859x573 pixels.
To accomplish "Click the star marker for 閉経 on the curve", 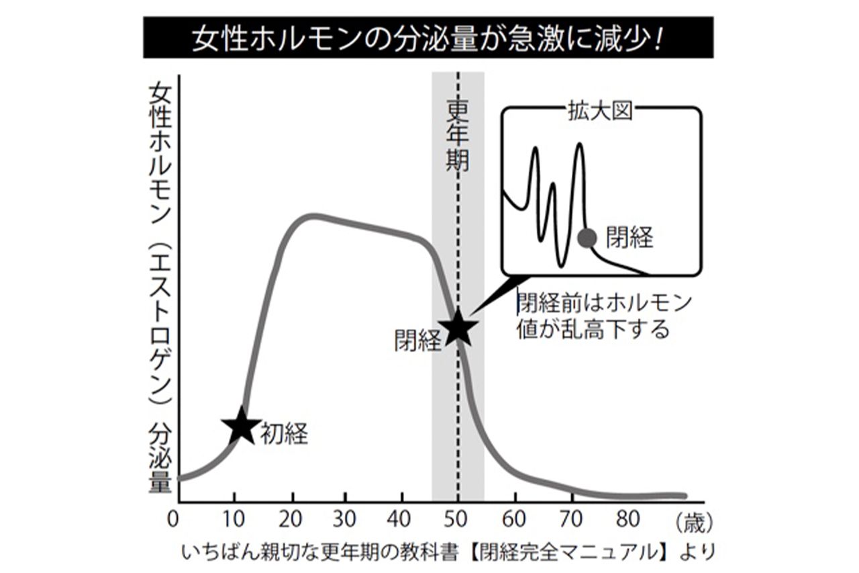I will (x=458, y=327).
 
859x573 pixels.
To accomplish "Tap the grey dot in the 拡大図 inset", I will (x=587, y=237).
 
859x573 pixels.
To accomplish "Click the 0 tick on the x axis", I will (x=174, y=519).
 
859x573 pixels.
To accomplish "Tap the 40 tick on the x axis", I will (x=402, y=519).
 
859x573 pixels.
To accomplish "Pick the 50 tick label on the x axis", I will (x=458, y=519).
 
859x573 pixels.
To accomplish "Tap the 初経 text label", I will (x=284, y=434).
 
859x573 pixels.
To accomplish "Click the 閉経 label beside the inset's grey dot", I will (x=629, y=237).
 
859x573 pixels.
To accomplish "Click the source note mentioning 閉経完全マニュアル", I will (x=444, y=553).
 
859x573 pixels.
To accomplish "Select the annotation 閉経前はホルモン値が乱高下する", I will (x=604, y=316).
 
